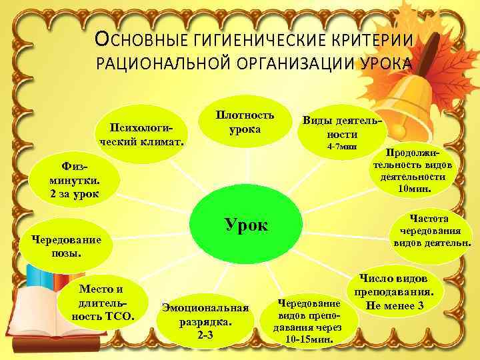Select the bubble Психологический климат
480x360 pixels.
(x=141, y=134)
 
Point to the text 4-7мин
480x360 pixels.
(x=343, y=146)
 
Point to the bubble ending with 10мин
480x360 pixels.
(x=414, y=171)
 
